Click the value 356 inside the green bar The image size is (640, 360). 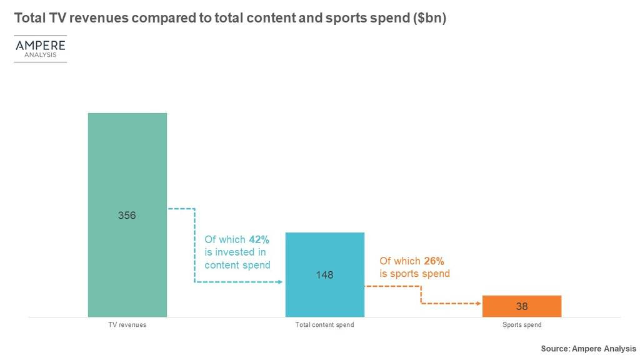click(127, 216)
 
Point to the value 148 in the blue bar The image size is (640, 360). click(325, 274)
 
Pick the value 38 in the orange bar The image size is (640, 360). click(522, 307)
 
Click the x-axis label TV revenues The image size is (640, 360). click(127, 325)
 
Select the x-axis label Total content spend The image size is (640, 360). click(324, 325)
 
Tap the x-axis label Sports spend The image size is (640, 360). click(522, 325)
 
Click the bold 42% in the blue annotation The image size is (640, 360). click(259, 239)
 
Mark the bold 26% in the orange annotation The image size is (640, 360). click(434, 261)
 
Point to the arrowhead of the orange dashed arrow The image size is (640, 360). click(478, 304)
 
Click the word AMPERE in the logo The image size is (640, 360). click(40, 46)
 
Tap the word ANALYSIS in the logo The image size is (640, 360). click(40, 55)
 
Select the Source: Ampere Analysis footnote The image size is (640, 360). click(588, 349)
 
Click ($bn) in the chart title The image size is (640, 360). click(429, 18)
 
